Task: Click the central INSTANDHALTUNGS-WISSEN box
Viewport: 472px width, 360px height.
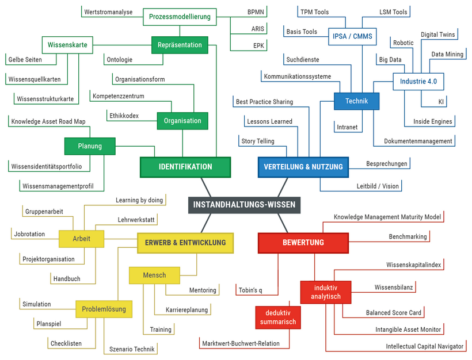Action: [244, 205]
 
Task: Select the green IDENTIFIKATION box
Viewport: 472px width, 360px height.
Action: [185, 167]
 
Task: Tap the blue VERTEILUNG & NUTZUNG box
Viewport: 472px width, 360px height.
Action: [303, 167]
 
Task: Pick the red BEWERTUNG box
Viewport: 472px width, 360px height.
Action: [303, 243]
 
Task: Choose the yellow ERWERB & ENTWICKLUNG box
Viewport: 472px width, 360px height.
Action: [185, 243]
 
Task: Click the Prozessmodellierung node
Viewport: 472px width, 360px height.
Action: [180, 17]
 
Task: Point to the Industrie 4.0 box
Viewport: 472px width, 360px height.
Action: [418, 82]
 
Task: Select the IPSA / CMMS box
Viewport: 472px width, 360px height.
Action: [352, 37]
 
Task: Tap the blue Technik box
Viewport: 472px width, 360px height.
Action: [357, 101]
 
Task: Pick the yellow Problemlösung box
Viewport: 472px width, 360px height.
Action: [104, 309]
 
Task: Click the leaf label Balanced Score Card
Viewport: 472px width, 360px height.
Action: [394, 313]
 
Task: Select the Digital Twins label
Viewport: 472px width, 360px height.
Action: [437, 35]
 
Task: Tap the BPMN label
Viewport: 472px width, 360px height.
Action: [256, 12]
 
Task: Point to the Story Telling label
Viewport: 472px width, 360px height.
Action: [257, 141]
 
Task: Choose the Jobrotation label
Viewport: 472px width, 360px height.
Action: [29, 234]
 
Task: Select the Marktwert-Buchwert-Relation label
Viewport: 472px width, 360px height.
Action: [241, 343]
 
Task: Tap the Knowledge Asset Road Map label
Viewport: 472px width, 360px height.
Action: [48, 121]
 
